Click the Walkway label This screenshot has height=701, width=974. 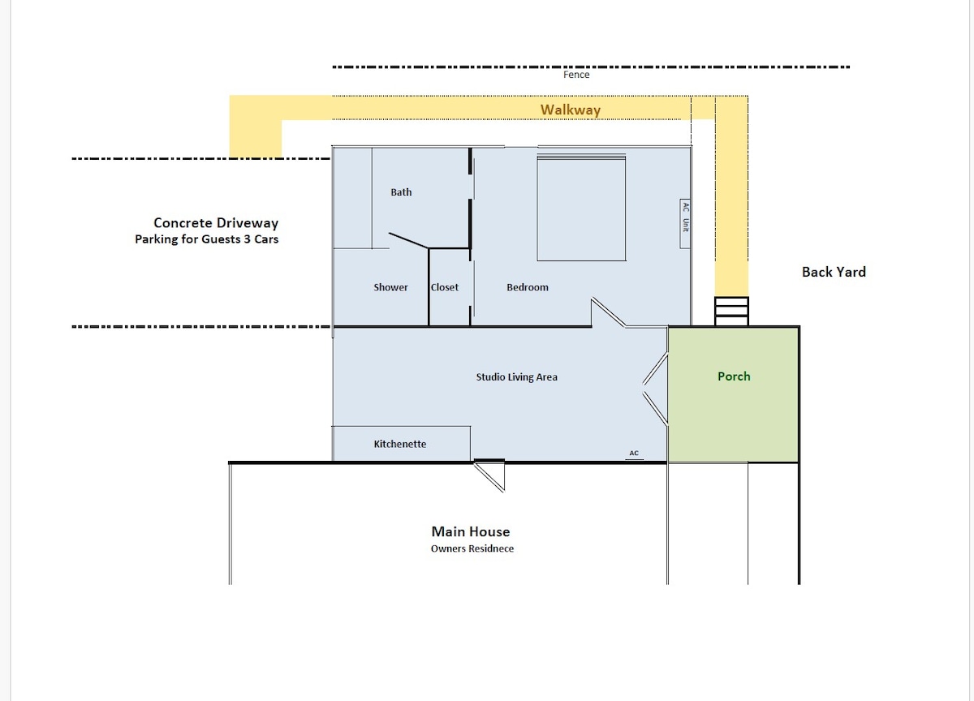point(571,110)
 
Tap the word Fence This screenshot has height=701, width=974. point(576,75)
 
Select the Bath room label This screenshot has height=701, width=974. point(401,192)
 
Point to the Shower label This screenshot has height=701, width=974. point(390,287)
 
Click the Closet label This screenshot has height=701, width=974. point(445,287)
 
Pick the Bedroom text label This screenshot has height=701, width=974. point(528,287)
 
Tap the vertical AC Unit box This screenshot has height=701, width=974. point(685,224)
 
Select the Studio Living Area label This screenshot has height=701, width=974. point(516,376)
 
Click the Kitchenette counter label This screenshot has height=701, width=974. point(399,444)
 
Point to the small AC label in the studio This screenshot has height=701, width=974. point(634,453)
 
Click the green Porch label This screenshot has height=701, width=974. point(734,376)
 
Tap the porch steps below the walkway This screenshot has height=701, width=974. point(732,312)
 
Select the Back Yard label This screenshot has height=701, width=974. point(834,272)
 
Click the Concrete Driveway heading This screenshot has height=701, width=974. point(216,223)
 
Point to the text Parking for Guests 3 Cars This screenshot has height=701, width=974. point(206,239)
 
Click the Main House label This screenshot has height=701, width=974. point(471,531)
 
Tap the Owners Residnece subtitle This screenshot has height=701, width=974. point(472,548)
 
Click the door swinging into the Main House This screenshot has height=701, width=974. point(489,476)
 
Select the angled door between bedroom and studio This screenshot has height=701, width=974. point(608,312)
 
